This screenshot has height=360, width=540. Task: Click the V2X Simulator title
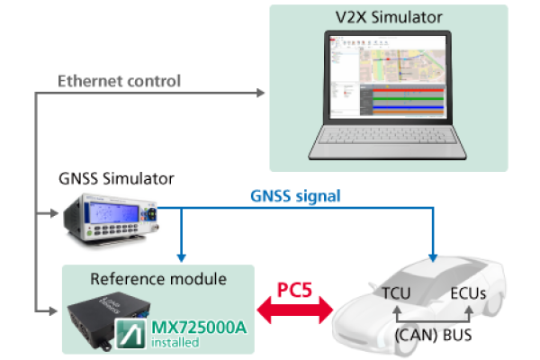pyautogui.click(x=389, y=17)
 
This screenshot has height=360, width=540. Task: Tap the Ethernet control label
pyautogui.click(x=119, y=81)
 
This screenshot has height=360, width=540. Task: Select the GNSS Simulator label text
pyautogui.click(x=116, y=179)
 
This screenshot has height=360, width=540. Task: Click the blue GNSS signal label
pyautogui.click(x=295, y=196)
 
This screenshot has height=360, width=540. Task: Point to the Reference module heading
pyautogui.click(x=158, y=279)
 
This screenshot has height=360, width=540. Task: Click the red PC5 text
pyautogui.click(x=295, y=290)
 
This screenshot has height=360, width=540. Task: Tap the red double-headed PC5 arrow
pyautogui.click(x=295, y=310)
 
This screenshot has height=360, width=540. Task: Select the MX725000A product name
pyautogui.click(x=199, y=328)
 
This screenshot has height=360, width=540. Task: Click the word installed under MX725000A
pyautogui.click(x=175, y=343)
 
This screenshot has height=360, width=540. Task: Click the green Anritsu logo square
pyautogui.click(x=130, y=334)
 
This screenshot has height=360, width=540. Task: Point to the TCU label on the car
pyautogui.click(x=396, y=293)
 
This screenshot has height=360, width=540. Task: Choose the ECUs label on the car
pyautogui.click(x=468, y=293)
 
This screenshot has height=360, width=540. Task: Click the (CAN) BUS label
pyautogui.click(x=433, y=335)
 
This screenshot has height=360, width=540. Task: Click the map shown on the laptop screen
pyautogui.click(x=402, y=66)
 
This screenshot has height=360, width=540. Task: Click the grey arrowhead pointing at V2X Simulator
pyautogui.click(x=261, y=93)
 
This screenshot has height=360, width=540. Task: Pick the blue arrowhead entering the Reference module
pyautogui.click(x=182, y=257)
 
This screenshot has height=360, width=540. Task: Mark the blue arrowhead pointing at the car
pyautogui.click(x=433, y=257)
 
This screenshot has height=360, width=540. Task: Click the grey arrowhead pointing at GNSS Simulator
pyautogui.click(x=54, y=213)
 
